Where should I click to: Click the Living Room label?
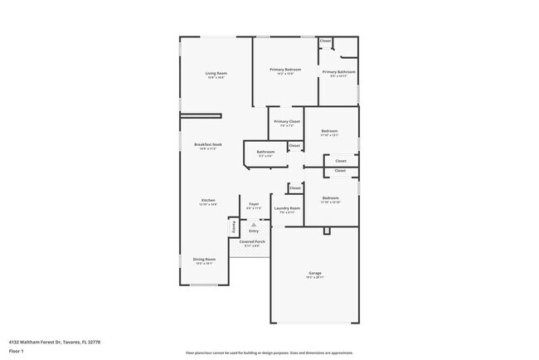click(x=216, y=73)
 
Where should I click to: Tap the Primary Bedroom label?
click(x=284, y=70)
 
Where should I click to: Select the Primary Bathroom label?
click(x=339, y=71)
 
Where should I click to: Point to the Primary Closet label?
click(x=284, y=121)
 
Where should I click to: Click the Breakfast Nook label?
click(x=207, y=144)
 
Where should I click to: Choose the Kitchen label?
click(x=208, y=200)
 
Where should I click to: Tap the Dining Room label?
click(x=204, y=259)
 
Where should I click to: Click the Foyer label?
click(x=254, y=204)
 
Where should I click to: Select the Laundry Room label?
click(x=287, y=209)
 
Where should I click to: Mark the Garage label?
click(x=315, y=272)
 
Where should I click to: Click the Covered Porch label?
click(x=254, y=241)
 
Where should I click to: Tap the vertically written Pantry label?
click(x=234, y=226)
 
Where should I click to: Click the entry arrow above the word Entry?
click(x=254, y=225)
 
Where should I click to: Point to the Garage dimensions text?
click(x=315, y=277)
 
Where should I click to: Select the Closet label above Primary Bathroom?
click(x=325, y=41)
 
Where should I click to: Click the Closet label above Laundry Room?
click(x=294, y=187)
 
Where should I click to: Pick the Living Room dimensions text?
click(x=216, y=77)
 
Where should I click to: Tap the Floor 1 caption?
click(x=16, y=351)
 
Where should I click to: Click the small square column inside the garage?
click(x=328, y=230)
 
